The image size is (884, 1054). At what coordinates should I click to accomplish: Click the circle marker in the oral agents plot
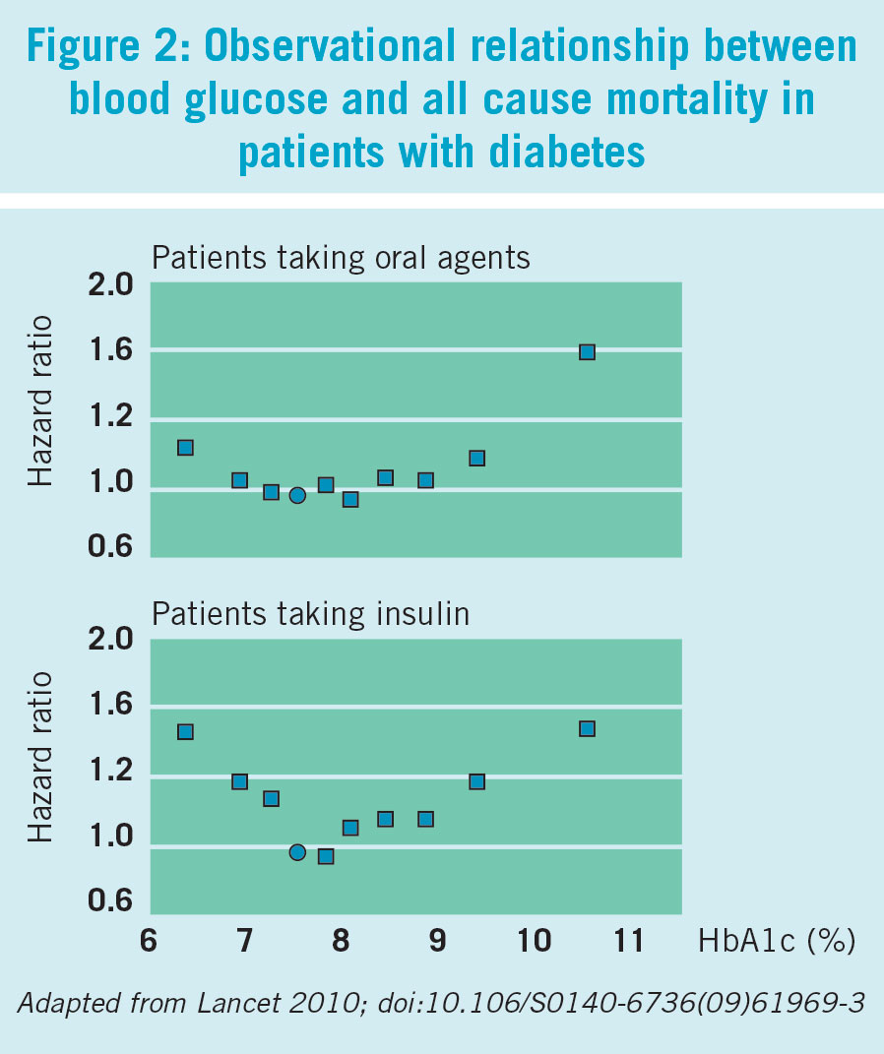coord(297,495)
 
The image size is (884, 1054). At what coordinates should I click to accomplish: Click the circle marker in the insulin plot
coord(297,851)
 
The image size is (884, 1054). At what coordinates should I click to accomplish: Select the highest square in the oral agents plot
coord(587,351)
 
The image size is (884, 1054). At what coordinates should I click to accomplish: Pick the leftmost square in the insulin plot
coord(185,731)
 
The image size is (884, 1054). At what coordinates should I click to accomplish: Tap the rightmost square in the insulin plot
coord(587,728)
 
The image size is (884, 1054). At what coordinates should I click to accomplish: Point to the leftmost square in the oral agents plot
coord(185,447)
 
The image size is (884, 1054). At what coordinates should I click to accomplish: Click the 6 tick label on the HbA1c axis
coord(149,941)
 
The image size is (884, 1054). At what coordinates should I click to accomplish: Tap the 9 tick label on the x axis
coord(438,941)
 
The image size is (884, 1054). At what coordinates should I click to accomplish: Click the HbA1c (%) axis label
coord(777,941)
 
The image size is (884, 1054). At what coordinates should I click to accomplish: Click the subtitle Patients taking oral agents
coord(341,258)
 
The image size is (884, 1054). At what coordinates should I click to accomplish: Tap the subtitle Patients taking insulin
coord(310,614)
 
